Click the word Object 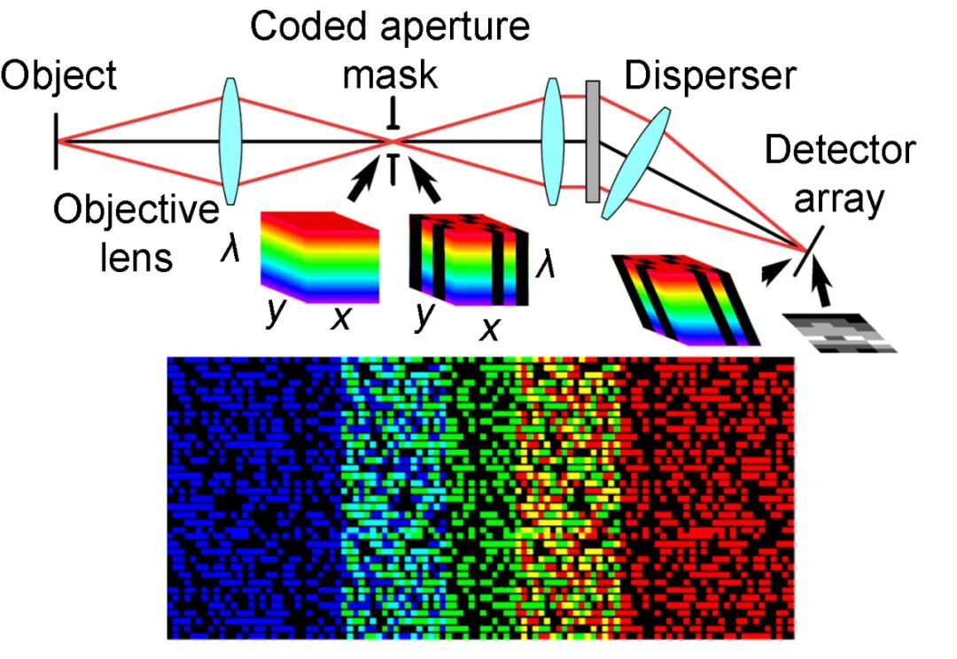(58, 77)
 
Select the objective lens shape (230, 141)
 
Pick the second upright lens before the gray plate (553, 140)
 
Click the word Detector (839, 151)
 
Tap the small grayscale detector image (841, 331)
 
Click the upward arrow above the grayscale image (823, 287)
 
